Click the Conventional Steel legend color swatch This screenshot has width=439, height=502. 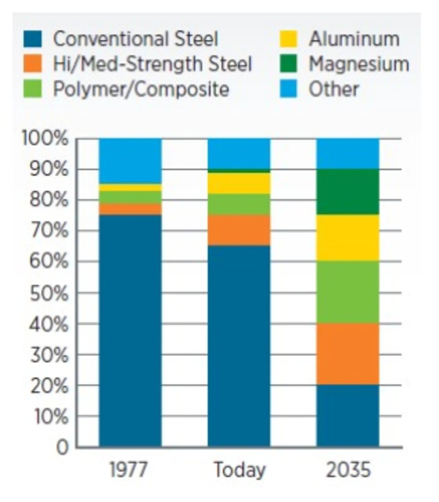(32, 39)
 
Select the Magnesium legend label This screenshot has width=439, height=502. (359, 64)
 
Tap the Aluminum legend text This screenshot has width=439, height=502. (354, 39)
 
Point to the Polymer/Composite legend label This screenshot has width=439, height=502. (141, 89)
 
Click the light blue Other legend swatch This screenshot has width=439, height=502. (288, 89)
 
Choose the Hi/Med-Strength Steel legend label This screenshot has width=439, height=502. (152, 64)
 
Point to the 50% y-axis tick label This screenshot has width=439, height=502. (49, 293)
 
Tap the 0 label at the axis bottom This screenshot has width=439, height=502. (63, 448)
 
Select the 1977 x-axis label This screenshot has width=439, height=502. (128, 470)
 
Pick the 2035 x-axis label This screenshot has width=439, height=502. (348, 470)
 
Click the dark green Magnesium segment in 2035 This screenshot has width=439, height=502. (348, 192)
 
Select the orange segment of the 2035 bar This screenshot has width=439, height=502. (348, 354)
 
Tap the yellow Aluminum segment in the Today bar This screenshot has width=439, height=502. (239, 183)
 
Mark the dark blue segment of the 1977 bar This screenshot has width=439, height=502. (130, 330)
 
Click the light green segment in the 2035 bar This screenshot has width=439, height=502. (348, 292)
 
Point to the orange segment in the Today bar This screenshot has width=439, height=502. (239, 230)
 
